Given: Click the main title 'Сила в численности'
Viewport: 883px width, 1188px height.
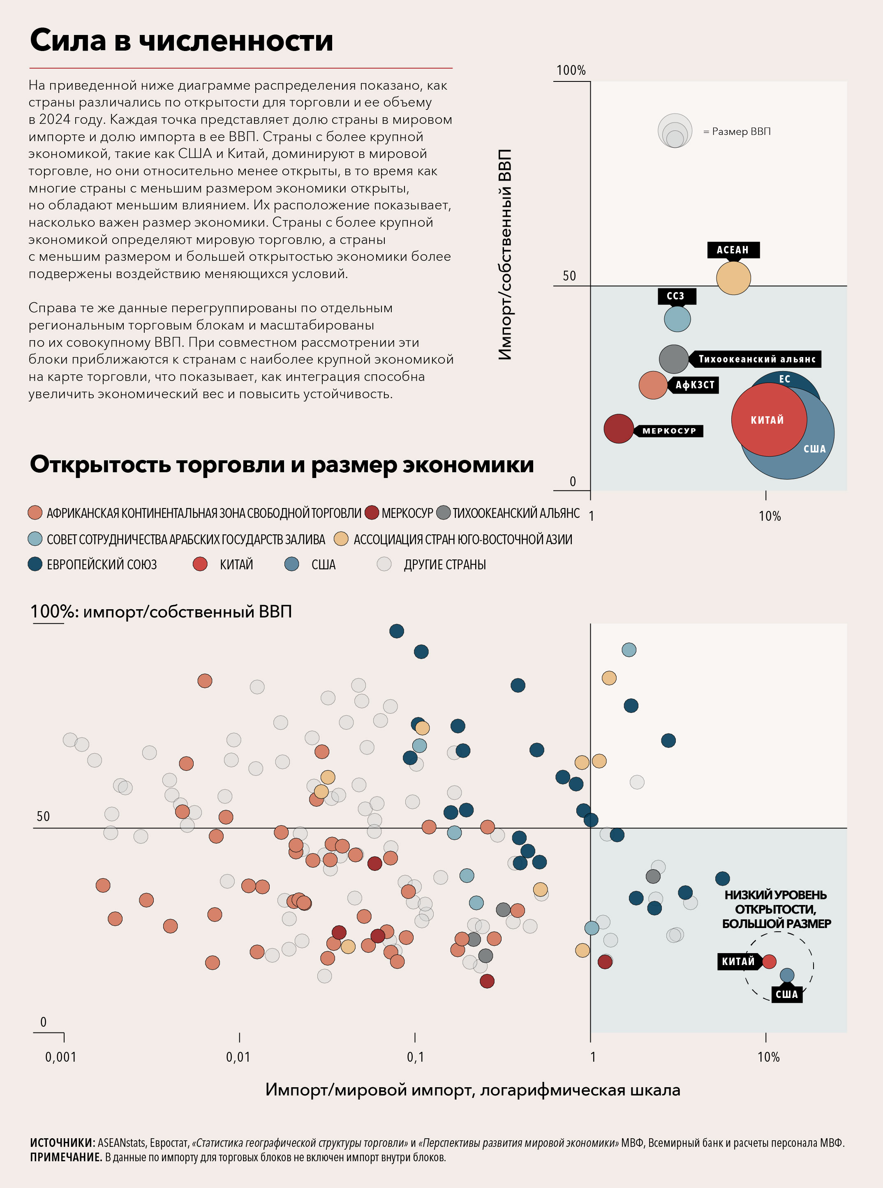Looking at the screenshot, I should click(x=181, y=41).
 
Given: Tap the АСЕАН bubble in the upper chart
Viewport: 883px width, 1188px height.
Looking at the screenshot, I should click(x=733, y=278).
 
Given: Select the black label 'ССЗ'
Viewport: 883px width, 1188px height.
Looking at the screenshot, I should click(x=676, y=296).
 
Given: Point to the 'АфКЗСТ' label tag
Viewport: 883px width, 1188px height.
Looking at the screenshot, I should click(x=694, y=385).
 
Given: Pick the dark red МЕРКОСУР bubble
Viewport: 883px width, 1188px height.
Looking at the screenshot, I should click(x=618, y=429).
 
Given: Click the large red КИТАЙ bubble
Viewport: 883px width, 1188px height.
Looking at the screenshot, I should click(x=769, y=419).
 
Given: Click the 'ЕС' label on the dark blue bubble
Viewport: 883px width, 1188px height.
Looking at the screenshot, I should click(x=784, y=379).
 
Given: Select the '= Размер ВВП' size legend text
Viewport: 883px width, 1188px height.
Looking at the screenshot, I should click(x=737, y=132).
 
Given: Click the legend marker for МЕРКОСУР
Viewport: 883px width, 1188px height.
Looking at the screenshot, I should click(x=372, y=513).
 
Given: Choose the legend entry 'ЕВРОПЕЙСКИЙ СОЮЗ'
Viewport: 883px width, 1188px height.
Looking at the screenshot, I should click(x=102, y=564).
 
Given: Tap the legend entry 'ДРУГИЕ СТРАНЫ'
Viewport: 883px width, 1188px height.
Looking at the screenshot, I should click(x=444, y=564).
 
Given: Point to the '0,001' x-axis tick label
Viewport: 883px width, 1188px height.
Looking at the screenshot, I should click(x=60, y=1057).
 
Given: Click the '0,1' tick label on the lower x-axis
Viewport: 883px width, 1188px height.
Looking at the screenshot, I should click(x=415, y=1057).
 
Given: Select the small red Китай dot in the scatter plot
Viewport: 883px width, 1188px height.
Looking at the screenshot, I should click(x=769, y=961).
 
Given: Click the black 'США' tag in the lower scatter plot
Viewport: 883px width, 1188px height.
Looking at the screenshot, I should click(x=786, y=994).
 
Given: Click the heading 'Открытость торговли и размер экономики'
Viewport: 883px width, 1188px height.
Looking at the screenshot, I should click(x=282, y=464).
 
